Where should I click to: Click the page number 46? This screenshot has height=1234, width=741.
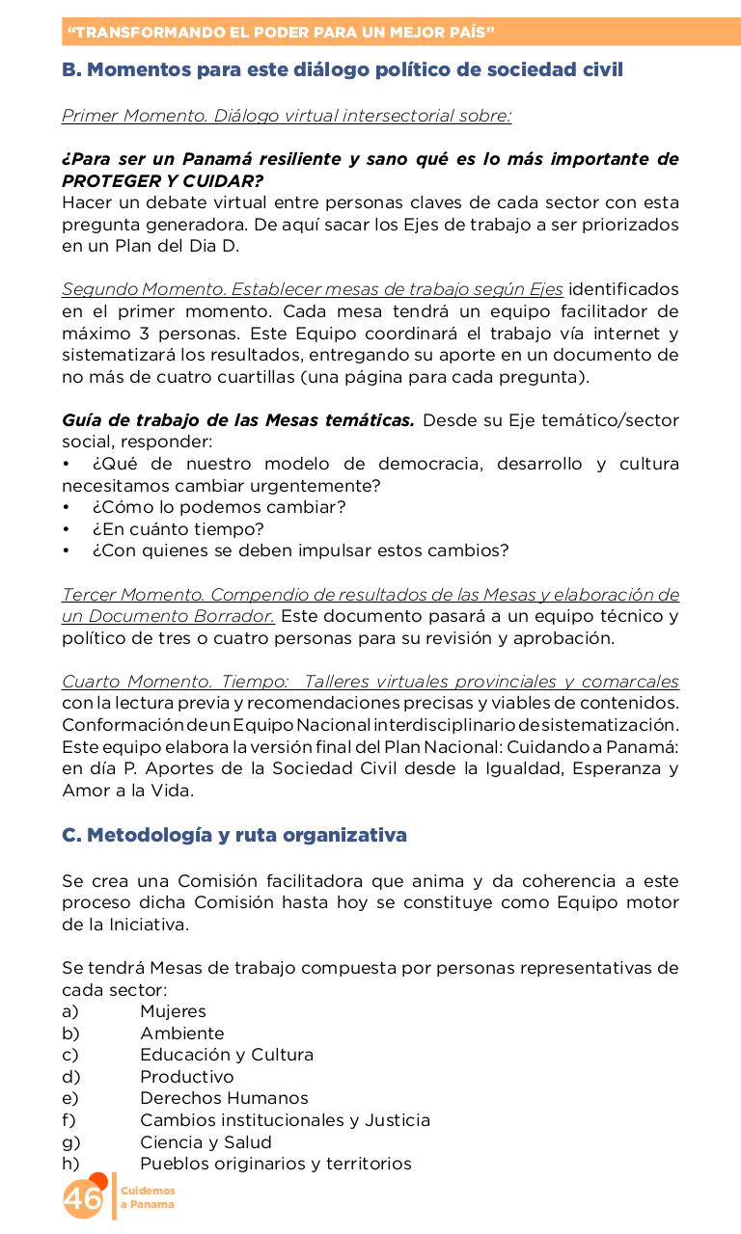coord(83,1199)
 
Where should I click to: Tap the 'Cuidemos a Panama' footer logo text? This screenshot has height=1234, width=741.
coord(148,1198)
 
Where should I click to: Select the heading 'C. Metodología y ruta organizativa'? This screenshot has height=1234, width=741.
coord(234,835)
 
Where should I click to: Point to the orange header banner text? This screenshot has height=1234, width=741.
coord(281,32)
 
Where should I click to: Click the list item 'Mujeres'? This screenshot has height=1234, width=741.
coord(173,1011)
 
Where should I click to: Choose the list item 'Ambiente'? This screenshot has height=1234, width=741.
coord(181,1033)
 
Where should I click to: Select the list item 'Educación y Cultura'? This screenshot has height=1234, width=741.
coord(227,1055)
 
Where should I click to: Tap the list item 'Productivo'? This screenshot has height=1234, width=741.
coord(186,1077)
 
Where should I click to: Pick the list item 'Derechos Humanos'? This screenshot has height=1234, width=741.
coord(224,1098)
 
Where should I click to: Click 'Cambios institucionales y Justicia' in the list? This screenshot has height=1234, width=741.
coord(285,1120)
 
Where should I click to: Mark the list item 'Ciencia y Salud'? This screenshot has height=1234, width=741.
coord(206,1142)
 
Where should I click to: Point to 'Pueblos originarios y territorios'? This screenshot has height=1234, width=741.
coord(275,1164)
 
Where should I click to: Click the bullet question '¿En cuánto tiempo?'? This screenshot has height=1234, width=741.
coord(178,529)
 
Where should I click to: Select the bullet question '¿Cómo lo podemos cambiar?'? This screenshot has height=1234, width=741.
coord(219,507)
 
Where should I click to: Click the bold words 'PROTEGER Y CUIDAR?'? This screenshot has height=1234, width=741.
coord(162,180)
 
